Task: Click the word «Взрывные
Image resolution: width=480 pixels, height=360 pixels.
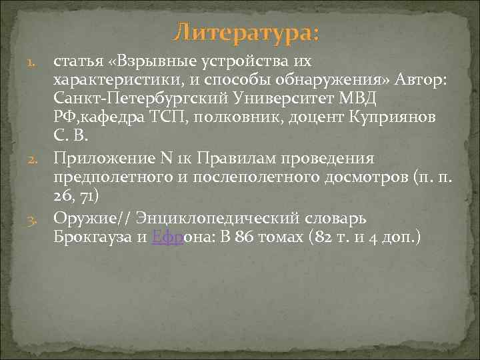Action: coord(143,61)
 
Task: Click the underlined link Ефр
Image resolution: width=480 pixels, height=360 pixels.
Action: coord(164,237)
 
